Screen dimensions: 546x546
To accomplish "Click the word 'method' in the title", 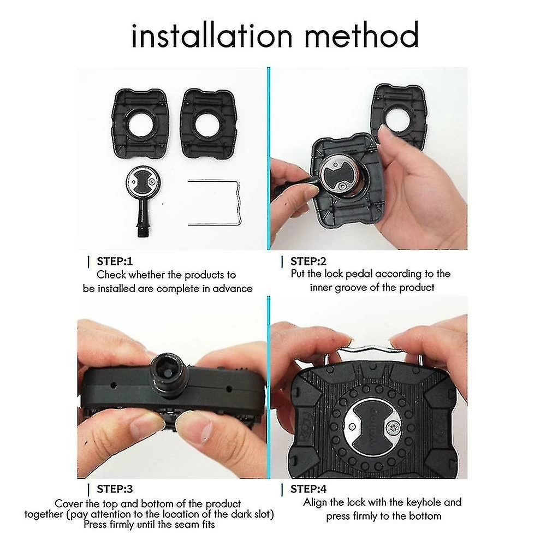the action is [361, 35].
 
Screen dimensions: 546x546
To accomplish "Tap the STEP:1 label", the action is [115, 261].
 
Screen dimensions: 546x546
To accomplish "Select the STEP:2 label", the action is [308, 261].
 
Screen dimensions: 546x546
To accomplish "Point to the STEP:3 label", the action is [115, 489].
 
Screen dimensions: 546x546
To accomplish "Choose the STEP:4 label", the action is [308, 489].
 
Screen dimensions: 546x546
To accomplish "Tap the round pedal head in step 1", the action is [143, 182].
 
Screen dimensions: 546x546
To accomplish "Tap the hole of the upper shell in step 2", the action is [399, 120].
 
